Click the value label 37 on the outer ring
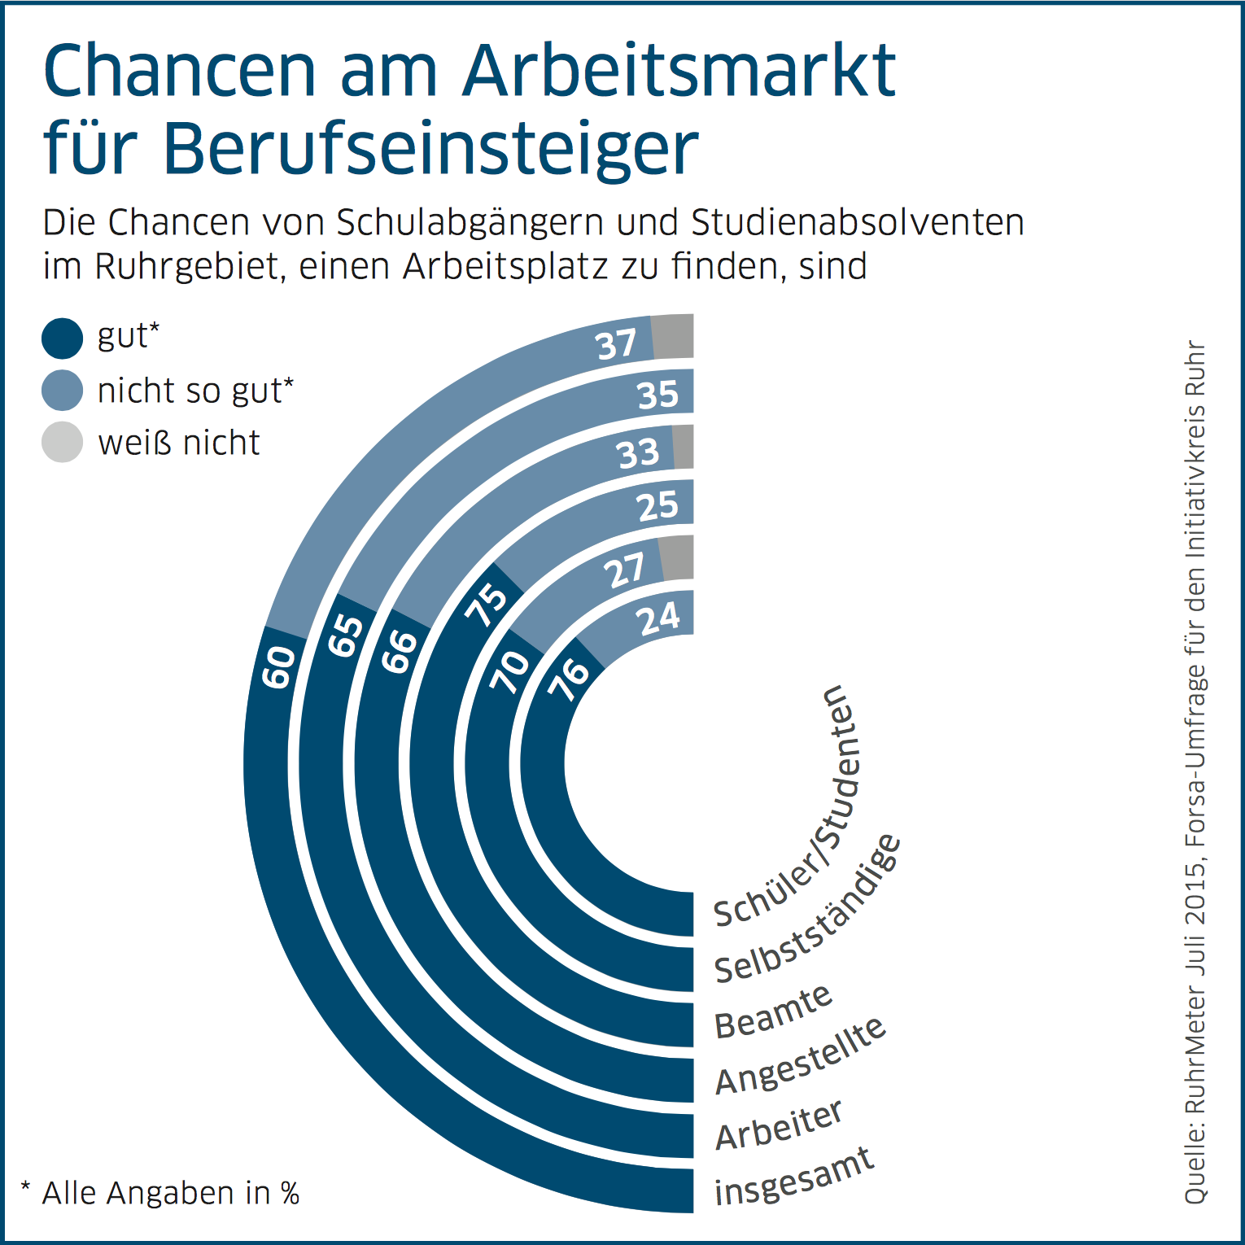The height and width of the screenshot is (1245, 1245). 617,344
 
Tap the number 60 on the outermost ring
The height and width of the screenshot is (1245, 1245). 279,667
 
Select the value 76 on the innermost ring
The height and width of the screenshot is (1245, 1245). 568,678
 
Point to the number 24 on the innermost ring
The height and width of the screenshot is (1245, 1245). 658,619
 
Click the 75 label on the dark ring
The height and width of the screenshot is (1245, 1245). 487,604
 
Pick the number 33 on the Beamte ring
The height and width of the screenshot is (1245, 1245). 638,453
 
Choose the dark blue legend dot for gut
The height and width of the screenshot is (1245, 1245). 63,339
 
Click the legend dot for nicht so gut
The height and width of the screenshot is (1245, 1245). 63,391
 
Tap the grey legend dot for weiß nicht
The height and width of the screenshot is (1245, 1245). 63,443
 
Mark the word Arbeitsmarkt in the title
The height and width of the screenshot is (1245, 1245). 679,72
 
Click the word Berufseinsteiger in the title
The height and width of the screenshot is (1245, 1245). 430,149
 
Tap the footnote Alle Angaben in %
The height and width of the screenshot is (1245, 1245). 161,1193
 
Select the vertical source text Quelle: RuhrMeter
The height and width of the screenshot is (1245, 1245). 1195,1058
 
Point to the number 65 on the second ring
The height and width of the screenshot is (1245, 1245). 345,635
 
